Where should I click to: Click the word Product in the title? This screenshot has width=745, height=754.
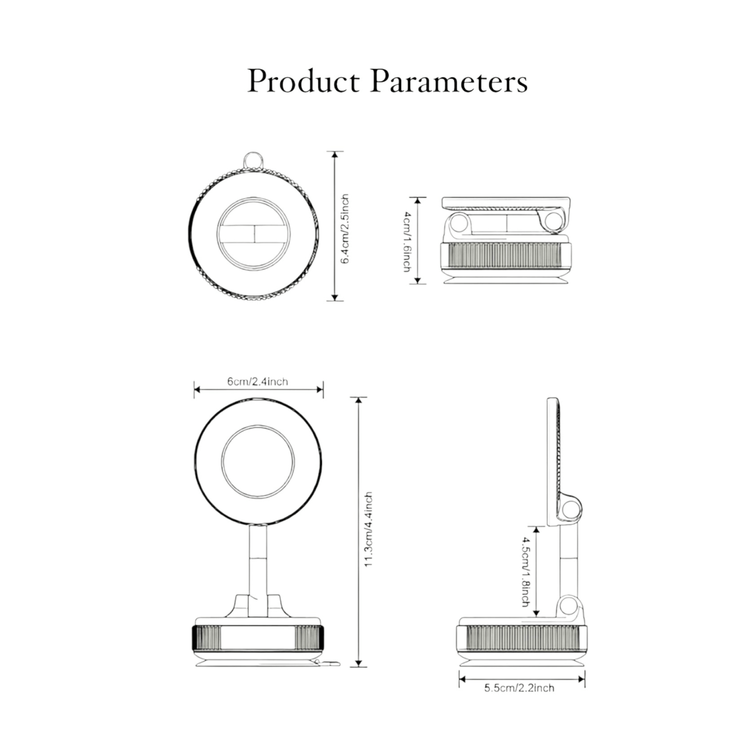(303, 81)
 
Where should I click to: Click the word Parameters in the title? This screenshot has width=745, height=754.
(449, 81)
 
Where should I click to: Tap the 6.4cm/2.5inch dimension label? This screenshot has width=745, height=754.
(345, 228)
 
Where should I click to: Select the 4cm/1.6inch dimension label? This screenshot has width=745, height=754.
(407, 241)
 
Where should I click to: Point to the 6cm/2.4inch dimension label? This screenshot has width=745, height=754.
(258, 382)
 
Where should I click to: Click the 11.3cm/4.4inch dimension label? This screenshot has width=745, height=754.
(368, 530)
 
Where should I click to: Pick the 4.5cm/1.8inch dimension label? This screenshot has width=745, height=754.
(525, 571)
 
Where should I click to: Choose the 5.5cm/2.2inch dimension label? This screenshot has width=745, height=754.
(519, 688)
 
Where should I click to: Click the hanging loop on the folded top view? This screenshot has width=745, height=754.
(253, 160)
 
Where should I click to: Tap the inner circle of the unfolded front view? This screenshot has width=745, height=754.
(258, 462)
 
